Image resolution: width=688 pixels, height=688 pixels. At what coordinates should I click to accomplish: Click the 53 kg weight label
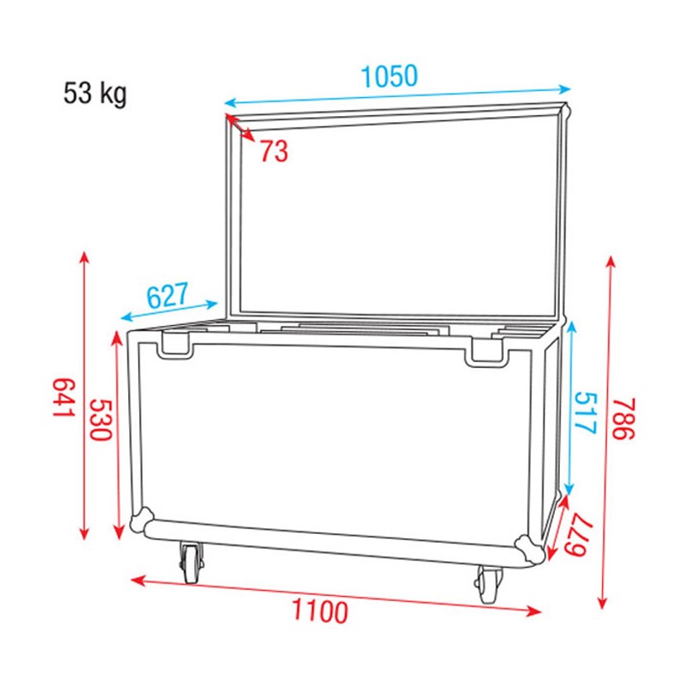click(95, 93)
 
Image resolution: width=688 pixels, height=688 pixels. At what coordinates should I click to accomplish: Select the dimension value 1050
click(389, 77)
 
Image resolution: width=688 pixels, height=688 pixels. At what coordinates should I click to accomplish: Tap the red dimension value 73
click(273, 152)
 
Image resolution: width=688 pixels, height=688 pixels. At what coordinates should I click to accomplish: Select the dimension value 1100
click(320, 612)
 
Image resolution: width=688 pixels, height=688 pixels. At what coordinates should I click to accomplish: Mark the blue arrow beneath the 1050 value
click(397, 94)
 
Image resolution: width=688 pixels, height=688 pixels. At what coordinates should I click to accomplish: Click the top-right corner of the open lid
click(565, 110)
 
